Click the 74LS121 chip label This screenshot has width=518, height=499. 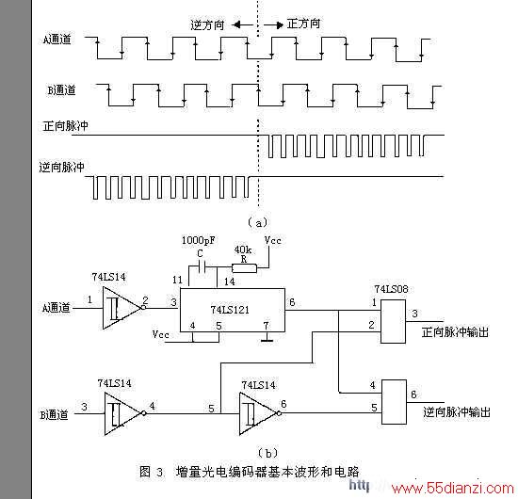pos(230,310)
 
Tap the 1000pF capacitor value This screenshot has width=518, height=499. pos(198,240)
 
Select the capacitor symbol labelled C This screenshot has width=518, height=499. pos(202,266)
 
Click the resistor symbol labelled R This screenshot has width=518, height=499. pos(244,268)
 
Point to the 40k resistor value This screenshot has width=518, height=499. pos(242,249)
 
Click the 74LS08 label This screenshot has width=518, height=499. pos(391,289)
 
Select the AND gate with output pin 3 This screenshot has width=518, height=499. pos(393,322)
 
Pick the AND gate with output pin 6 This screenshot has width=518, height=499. pos(394,402)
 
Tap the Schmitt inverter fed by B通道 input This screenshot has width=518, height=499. pos(125,413)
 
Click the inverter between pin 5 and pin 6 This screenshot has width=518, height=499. pos(260,413)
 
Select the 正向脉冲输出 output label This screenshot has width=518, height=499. pos(455,332)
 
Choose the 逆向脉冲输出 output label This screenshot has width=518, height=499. pos(457,412)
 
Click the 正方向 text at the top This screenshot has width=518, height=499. pos(303,24)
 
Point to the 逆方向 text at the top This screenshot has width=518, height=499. pos(207,25)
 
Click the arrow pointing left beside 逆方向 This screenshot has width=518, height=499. pos(242,25)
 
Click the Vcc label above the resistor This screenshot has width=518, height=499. pos(272,240)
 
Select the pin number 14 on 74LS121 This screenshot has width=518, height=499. pos(229,282)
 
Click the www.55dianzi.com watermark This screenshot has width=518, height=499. pos(452,488)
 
